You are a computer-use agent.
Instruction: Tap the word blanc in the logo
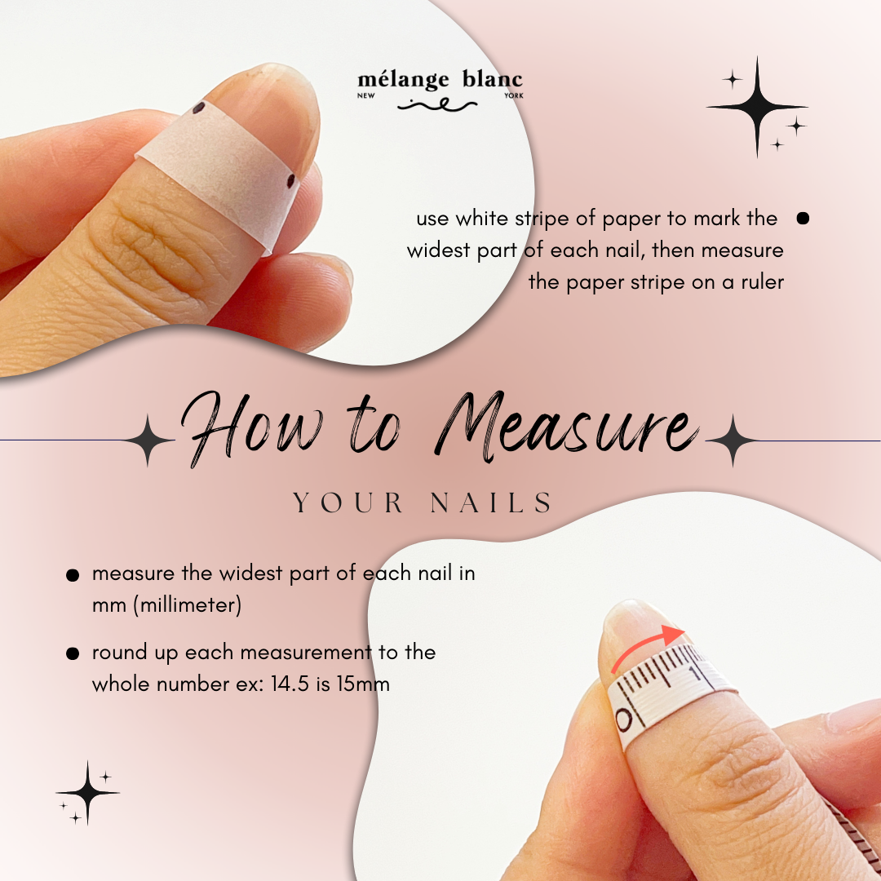tap(492, 81)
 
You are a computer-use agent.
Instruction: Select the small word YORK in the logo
tap(514, 96)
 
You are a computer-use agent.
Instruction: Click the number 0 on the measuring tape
tap(624, 721)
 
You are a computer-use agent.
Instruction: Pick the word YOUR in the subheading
tap(348, 503)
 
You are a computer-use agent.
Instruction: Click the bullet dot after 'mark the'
tap(803, 218)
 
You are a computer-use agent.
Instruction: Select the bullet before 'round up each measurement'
tap(73, 654)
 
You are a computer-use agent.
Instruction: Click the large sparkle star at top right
tap(757, 107)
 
